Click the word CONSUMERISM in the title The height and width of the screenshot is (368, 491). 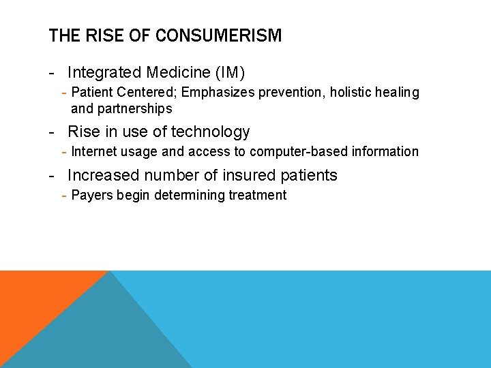click(218, 36)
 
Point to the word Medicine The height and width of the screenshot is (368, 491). click(176, 72)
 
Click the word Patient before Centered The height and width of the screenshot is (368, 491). click(91, 92)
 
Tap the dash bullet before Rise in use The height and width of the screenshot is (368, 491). click(52, 132)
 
